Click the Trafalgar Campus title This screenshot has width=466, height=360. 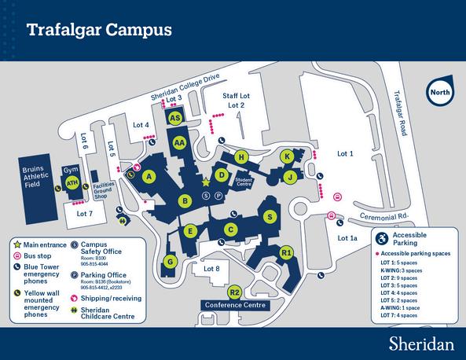coord(99,31)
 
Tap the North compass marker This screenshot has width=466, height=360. coord(438,92)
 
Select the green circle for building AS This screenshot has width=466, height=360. coord(176,117)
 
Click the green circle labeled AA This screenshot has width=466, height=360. coord(179,142)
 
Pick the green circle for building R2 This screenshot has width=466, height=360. coord(235,292)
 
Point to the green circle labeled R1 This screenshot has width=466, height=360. coord(287,252)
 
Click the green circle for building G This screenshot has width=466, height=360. coord(170,261)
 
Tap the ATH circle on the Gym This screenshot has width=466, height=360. coord(72,183)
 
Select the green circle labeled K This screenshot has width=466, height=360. coord(288,156)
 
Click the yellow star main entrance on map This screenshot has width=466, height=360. coord(206,182)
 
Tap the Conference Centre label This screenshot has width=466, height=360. coord(236,305)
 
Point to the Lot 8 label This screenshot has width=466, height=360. coord(211,269)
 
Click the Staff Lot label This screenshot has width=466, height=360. coord(236,95)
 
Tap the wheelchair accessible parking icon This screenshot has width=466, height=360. coord(382,237)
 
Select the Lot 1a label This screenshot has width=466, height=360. coord(347,237)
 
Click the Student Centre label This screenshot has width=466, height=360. coord(244,182)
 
